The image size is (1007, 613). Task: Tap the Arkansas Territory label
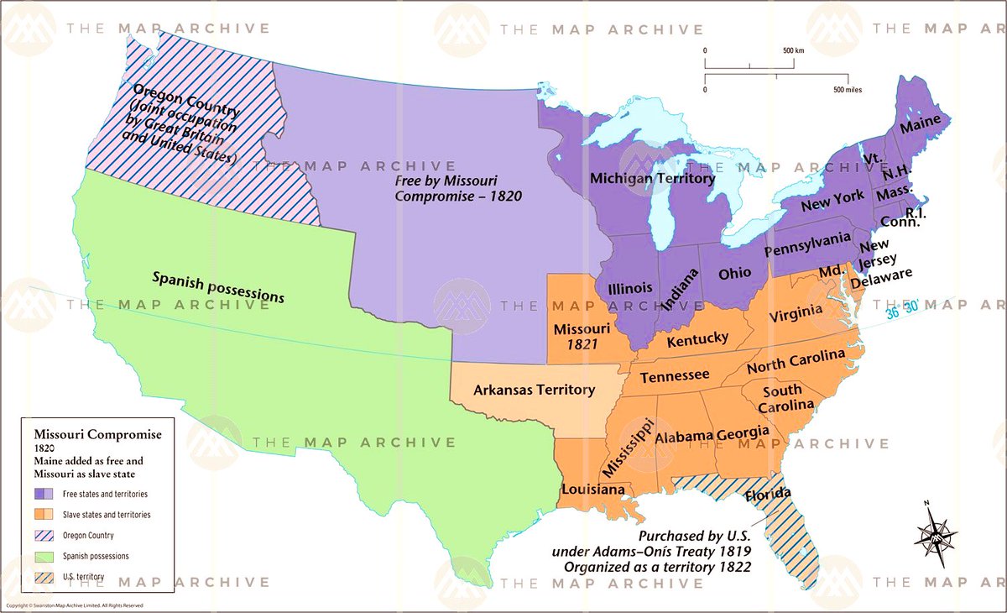click(x=534, y=390)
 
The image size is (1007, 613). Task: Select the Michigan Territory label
click(x=652, y=178)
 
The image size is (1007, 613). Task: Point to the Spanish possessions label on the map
click(x=218, y=287)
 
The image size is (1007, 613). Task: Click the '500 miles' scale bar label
click(x=848, y=89)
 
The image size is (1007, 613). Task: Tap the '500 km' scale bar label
click(x=793, y=50)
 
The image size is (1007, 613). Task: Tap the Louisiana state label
click(x=592, y=489)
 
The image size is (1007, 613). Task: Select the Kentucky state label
click(x=697, y=338)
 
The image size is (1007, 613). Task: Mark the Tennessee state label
click(x=675, y=377)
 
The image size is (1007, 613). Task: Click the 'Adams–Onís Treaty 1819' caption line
click(x=651, y=551)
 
